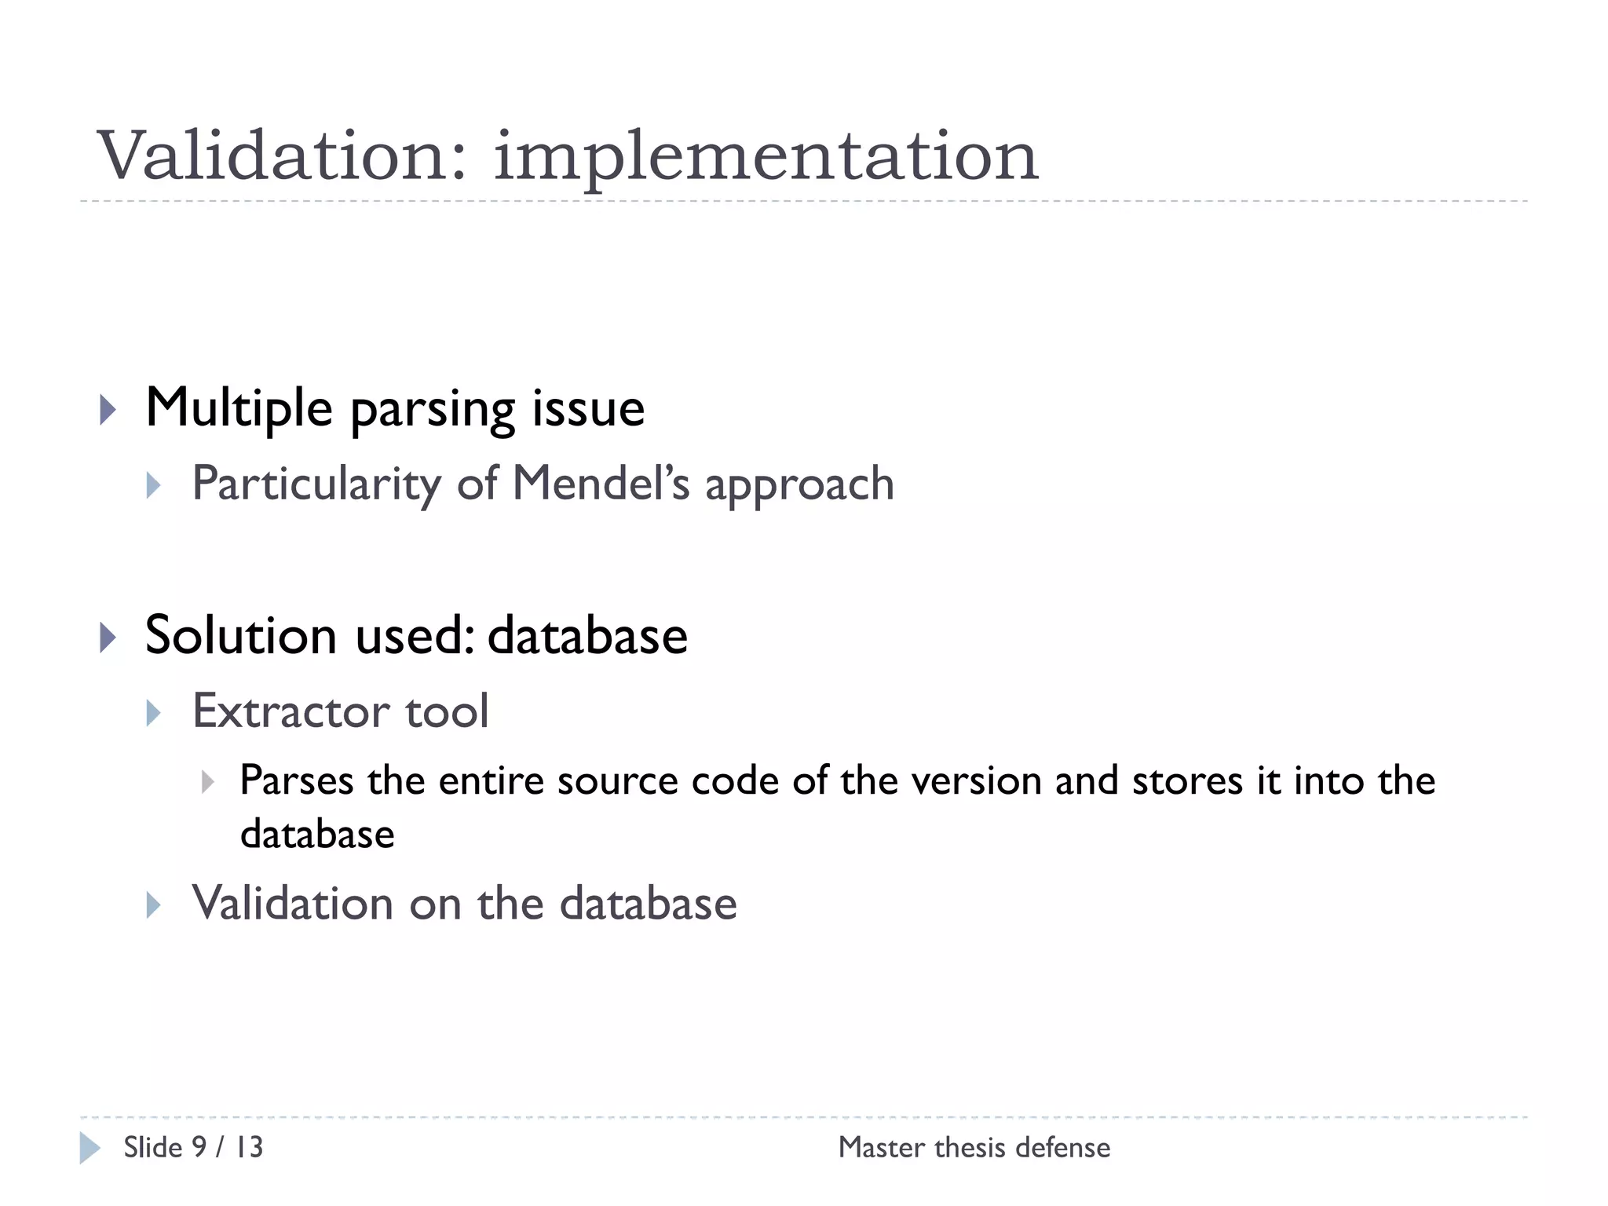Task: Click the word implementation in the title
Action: click(766, 157)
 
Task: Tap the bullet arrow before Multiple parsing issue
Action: click(108, 410)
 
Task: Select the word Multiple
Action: click(239, 408)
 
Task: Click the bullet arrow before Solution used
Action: click(108, 637)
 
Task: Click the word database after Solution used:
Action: click(587, 635)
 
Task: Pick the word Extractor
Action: click(291, 711)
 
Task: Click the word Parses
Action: click(297, 781)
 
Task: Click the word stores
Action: click(1187, 781)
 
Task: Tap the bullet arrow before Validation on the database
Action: click(154, 904)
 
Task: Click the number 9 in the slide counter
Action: click(199, 1147)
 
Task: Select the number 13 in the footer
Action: click(250, 1147)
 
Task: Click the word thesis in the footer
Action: click(969, 1147)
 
